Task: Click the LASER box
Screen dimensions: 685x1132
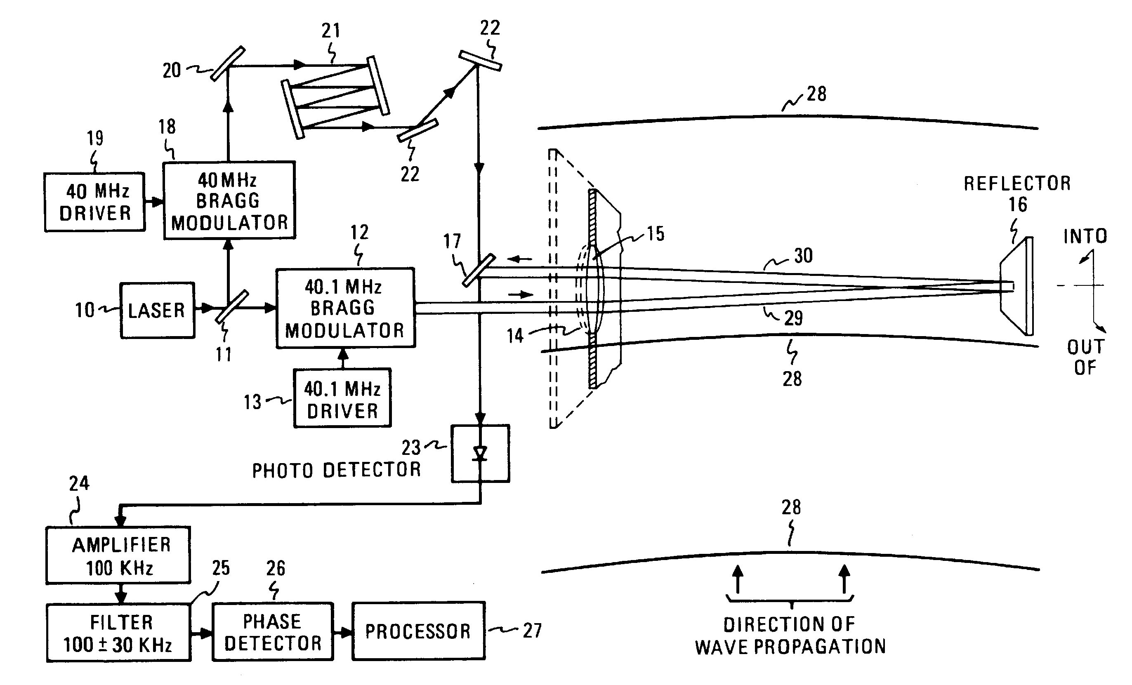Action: coord(157,311)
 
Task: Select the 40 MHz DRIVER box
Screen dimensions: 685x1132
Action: coord(94,202)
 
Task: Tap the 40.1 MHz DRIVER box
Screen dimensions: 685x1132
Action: coord(342,398)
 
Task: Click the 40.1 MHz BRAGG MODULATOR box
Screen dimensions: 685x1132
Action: coord(345,308)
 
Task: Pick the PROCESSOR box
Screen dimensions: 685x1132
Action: coord(418,631)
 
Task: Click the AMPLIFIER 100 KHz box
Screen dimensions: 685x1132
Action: coord(118,555)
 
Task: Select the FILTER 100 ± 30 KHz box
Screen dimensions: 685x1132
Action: coord(118,633)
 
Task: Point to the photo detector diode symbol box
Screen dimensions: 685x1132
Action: coord(480,454)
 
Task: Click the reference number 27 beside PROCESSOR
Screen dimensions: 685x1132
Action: coord(532,631)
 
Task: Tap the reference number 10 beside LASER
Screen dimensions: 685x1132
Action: coord(85,311)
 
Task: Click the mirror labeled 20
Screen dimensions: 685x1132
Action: coord(228,64)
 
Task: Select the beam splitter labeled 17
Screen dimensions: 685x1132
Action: coord(479,271)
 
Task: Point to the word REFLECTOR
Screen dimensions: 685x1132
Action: coord(1016,183)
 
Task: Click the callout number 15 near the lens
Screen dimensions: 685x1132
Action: coord(656,234)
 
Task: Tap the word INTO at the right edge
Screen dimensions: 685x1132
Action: coord(1085,236)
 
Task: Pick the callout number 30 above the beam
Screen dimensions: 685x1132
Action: coord(803,256)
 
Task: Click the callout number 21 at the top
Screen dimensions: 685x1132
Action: coord(331,31)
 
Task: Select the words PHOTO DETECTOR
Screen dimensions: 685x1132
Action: coord(336,470)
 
